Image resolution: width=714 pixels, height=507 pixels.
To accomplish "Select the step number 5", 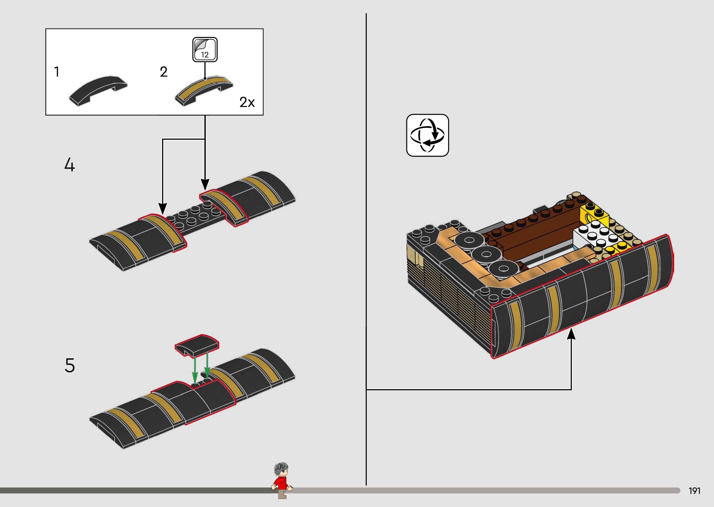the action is click(70, 365).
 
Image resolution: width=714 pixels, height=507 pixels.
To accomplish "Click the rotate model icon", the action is click(427, 135).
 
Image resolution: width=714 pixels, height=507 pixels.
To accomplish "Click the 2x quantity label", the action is click(247, 102).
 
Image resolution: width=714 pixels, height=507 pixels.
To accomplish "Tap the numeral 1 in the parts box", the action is click(57, 72).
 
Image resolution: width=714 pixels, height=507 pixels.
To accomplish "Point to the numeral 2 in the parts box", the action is click(163, 72).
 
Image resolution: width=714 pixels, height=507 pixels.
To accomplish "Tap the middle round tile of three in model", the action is click(485, 254).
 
